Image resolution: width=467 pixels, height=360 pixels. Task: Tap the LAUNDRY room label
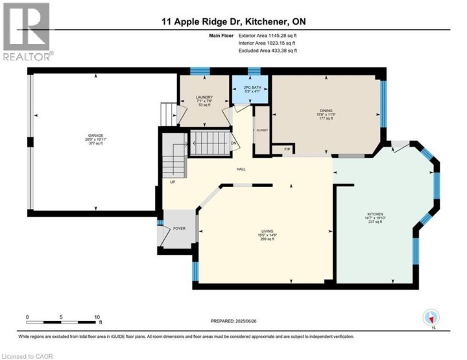(x=205, y=98)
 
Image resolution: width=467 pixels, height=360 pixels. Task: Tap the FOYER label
(x=179, y=229)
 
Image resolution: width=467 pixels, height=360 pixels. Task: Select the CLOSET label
(x=262, y=130)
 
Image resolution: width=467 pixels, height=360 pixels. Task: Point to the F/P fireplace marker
(x=287, y=150)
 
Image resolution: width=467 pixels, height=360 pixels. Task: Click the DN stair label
(x=233, y=143)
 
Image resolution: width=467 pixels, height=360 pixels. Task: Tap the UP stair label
(x=173, y=182)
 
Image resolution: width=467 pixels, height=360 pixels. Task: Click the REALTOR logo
(x=26, y=31)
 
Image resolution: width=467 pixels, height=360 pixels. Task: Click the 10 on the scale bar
(x=97, y=318)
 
